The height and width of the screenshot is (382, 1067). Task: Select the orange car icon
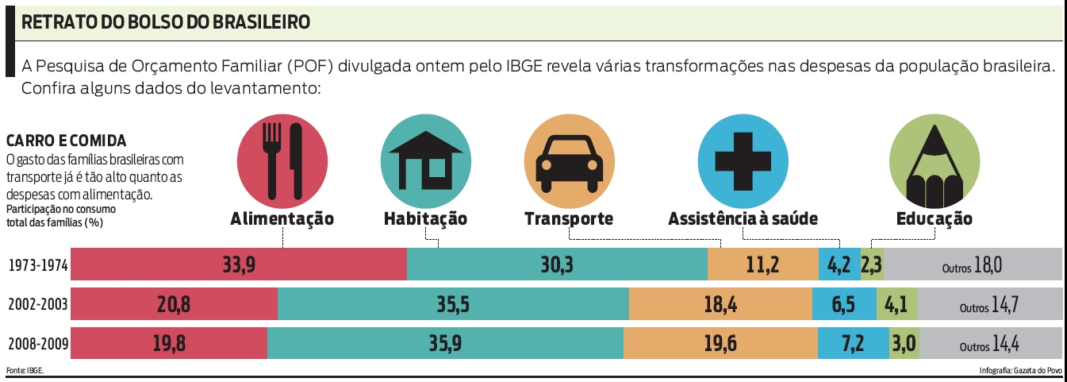point(568,160)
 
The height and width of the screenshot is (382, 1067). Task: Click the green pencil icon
point(934,160)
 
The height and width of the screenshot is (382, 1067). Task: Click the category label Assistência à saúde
point(743,219)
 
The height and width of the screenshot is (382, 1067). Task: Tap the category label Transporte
point(568,219)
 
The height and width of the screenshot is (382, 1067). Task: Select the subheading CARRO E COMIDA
point(66,141)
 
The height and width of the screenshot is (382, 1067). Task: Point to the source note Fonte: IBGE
point(25,370)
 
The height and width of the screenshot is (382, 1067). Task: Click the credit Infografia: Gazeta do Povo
point(1020,370)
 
